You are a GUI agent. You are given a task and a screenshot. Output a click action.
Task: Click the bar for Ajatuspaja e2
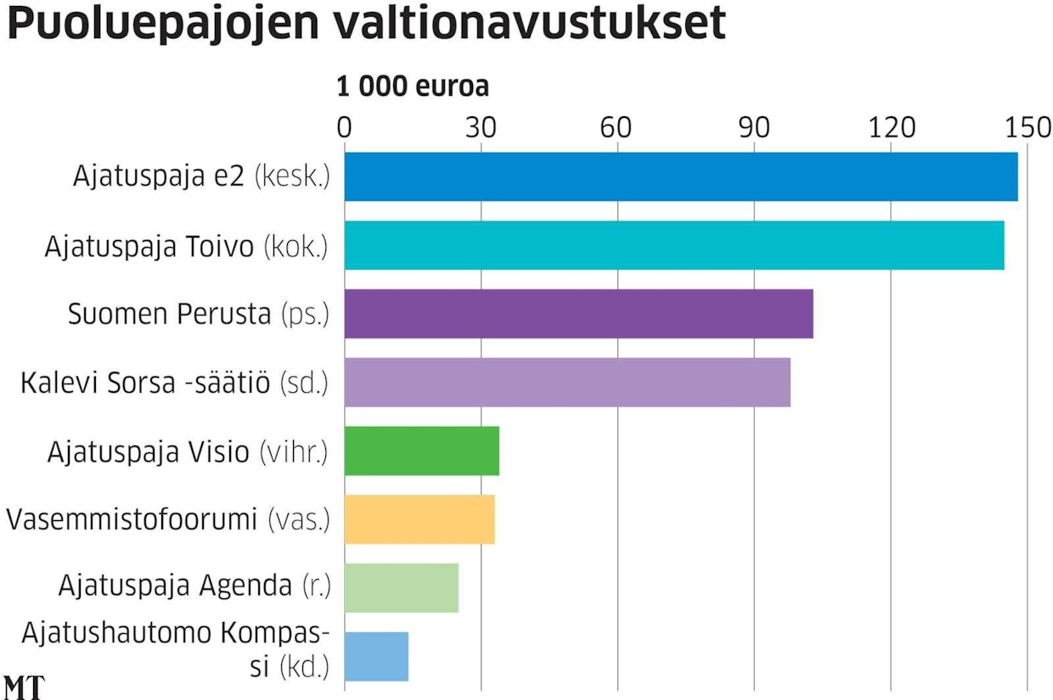pos(680,176)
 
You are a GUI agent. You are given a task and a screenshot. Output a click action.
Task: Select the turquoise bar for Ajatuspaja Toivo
pos(673,245)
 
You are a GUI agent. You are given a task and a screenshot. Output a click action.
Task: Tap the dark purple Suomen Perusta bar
pos(578,314)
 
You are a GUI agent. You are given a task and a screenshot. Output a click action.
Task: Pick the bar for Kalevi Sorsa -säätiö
pos(567,383)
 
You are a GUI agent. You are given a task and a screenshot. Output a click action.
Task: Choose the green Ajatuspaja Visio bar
pos(421,451)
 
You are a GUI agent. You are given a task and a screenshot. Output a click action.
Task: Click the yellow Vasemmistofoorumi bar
pos(420,519)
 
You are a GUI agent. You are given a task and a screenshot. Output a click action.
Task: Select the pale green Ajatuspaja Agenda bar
pos(401,588)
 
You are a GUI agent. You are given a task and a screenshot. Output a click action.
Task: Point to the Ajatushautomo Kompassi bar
pos(376,657)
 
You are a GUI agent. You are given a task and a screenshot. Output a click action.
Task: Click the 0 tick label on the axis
pos(344,127)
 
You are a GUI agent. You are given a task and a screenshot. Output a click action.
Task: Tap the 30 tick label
pos(481,127)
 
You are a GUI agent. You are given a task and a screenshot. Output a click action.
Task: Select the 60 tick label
pos(617,127)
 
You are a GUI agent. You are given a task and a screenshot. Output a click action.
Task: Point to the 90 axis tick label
pos(754,127)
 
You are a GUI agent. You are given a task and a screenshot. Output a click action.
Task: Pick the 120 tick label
pos(891,127)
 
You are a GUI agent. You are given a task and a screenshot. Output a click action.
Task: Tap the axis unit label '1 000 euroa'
pos(413,87)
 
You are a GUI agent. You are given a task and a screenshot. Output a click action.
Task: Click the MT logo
pos(23,687)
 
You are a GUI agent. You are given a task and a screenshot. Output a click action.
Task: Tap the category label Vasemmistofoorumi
pos(132,519)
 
